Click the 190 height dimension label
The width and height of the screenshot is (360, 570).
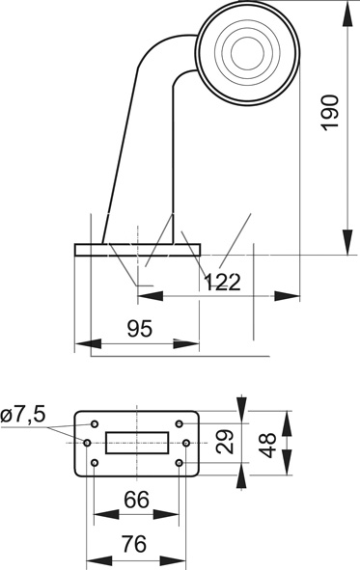tap(330, 112)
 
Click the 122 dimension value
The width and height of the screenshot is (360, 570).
tap(222, 282)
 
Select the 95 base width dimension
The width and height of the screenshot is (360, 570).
tap(140, 329)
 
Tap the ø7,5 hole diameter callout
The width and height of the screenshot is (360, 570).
tap(23, 415)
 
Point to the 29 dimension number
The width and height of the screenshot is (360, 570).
tap(224, 442)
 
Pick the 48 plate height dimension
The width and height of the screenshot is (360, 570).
tap(267, 445)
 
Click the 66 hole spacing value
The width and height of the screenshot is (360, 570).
tap(136, 500)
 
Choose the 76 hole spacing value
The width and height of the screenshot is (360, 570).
tap(134, 544)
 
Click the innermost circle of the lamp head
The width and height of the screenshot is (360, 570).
tap(247, 53)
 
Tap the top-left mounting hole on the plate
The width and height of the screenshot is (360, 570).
tap(95, 423)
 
